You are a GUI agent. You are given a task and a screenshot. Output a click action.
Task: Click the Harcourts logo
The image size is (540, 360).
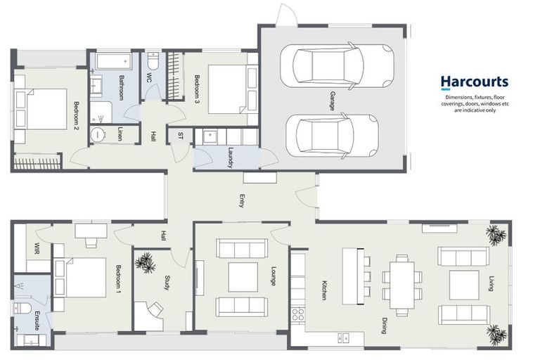coord(474,83)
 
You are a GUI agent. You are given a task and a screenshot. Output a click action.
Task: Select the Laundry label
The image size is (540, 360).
coord(231,159)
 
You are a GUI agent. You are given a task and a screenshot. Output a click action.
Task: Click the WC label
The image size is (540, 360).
coord(150,77)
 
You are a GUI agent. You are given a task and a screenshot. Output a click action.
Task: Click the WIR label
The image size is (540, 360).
coord(37,248)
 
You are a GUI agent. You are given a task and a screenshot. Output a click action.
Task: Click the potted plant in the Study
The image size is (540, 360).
coord(147,263)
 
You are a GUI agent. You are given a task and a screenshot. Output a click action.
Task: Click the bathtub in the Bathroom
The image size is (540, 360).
coord(113,61)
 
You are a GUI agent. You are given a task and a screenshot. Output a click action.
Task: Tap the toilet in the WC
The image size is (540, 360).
coord(154,63)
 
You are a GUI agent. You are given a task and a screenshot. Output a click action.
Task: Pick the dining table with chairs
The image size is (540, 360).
coord(402,284)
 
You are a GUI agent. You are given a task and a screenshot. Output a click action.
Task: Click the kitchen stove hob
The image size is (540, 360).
coord(298,314)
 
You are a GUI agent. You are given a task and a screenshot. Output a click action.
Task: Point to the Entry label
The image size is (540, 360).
coord(242,201)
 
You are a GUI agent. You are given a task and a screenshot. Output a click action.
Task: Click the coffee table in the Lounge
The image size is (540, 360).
coord(242,277)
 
